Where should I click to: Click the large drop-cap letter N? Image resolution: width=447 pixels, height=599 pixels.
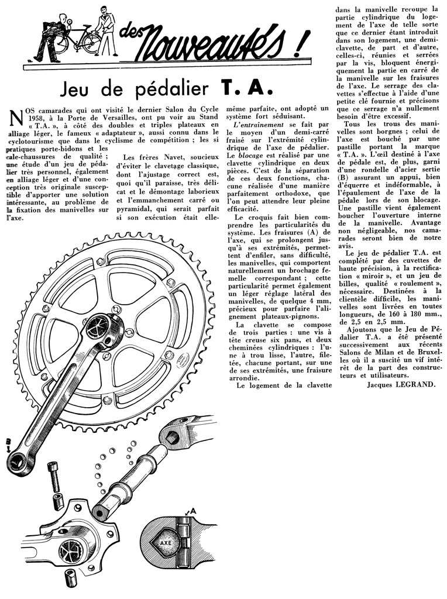[x=18, y=118]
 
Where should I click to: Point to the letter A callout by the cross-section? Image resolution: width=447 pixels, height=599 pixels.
[x=193, y=511]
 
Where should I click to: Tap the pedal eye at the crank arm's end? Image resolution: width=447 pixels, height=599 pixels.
[x=16, y=462]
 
